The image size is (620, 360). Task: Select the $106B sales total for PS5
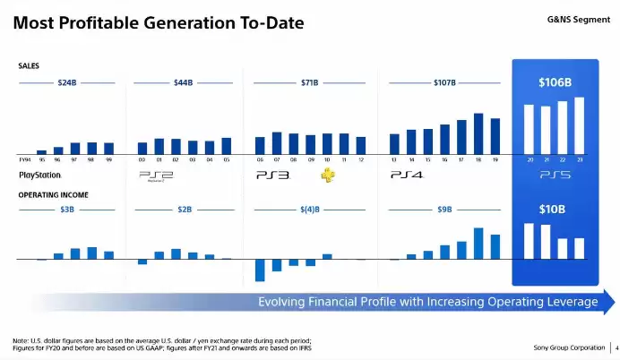point(555,82)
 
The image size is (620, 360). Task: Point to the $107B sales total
point(444,82)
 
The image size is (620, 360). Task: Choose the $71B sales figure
point(310,82)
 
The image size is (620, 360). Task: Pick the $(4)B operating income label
point(310,209)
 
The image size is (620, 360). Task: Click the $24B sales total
point(67,82)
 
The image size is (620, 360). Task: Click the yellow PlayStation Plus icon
point(328,174)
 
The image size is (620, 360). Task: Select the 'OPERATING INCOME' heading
point(47,193)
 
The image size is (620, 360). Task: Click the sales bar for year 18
point(478,133)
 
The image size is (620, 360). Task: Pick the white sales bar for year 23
point(579,124)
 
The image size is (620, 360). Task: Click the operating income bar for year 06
point(260,270)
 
